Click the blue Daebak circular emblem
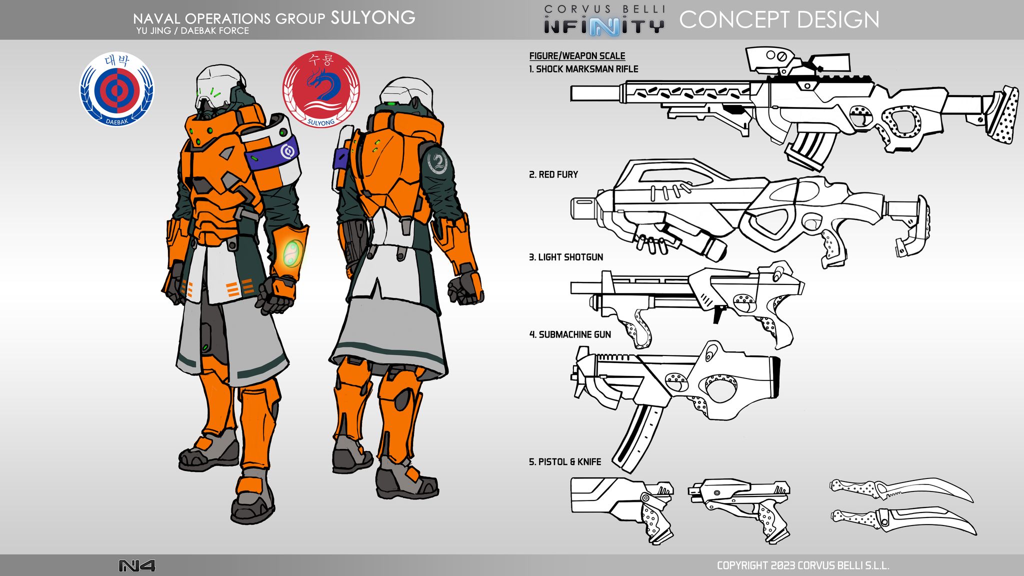(x=117, y=89)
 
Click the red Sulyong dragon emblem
(x=321, y=89)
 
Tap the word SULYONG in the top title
(x=373, y=18)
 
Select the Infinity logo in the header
(x=604, y=25)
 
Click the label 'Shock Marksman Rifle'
(x=583, y=69)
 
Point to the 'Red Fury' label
(x=553, y=174)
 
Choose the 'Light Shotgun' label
(x=566, y=257)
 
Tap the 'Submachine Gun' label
(x=570, y=334)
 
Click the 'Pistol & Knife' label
(x=565, y=461)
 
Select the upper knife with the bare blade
(x=900, y=490)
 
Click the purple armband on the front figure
(x=273, y=153)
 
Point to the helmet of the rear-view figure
(x=405, y=93)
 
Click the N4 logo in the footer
(x=136, y=565)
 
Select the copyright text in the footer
(x=803, y=565)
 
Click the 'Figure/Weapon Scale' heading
(x=577, y=56)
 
